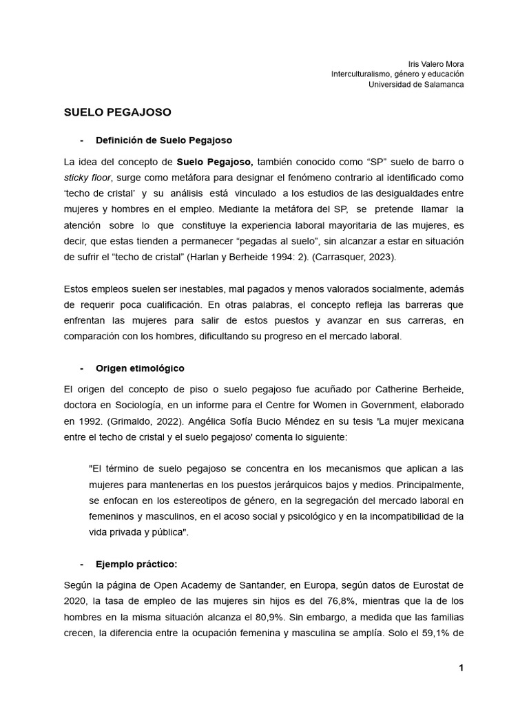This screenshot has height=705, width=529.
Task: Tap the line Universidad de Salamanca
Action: pos(416,84)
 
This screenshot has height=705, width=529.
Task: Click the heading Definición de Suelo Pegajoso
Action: pos(164,140)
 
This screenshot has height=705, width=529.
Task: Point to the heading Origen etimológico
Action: pos(140,368)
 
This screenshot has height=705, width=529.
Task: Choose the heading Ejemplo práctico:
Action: pos(136,564)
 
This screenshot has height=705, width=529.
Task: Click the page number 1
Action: pos(461,668)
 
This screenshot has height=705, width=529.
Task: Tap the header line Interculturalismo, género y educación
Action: pos(397,74)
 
